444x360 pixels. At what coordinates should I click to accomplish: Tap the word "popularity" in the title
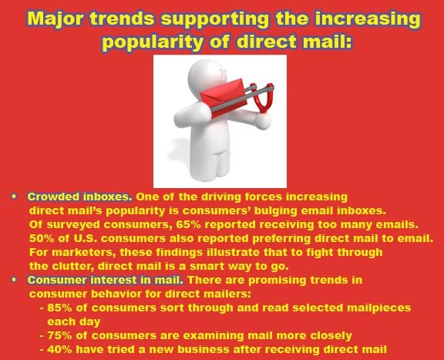coord(153,42)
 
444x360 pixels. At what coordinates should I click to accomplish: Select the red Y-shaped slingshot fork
coord(263,98)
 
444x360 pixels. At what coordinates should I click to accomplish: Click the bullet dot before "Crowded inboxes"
coord(14,197)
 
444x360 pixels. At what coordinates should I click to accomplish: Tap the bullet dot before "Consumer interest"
coord(14,280)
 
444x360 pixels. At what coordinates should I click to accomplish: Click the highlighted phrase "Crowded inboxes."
coord(79,197)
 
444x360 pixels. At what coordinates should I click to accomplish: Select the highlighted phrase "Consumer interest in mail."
coord(106,280)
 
